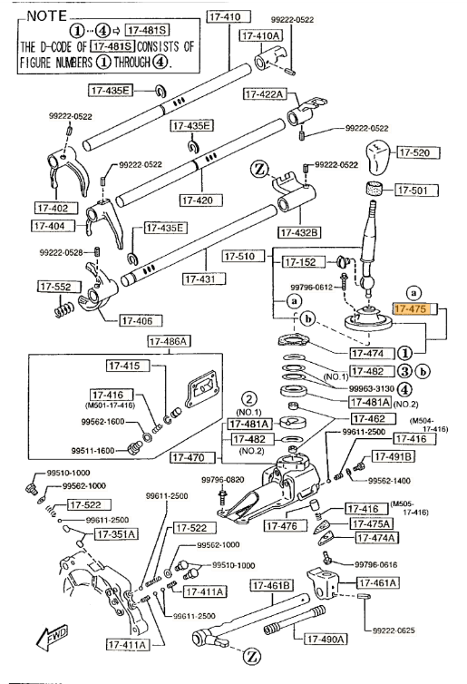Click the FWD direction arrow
point(52,638)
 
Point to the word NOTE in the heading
point(47,16)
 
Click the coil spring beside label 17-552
point(64,310)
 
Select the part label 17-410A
point(261,35)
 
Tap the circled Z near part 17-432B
point(259,169)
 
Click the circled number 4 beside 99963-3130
point(404,388)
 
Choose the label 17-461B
point(272,585)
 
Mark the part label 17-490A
point(326,639)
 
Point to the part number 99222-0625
point(394,630)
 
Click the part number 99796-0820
point(223,480)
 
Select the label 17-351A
point(116,534)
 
